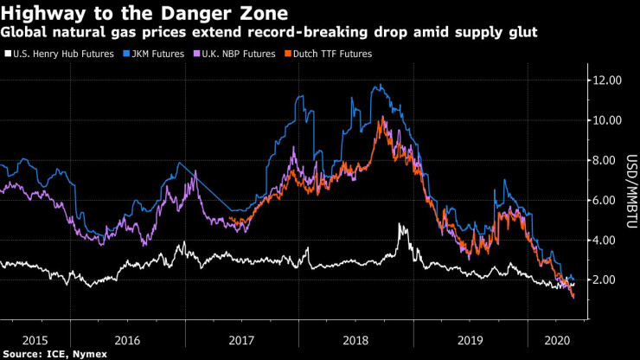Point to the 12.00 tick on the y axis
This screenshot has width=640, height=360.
pos(605,80)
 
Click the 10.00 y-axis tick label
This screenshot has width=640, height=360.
pos(605,120)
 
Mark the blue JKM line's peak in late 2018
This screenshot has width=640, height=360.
pos(381,85)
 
